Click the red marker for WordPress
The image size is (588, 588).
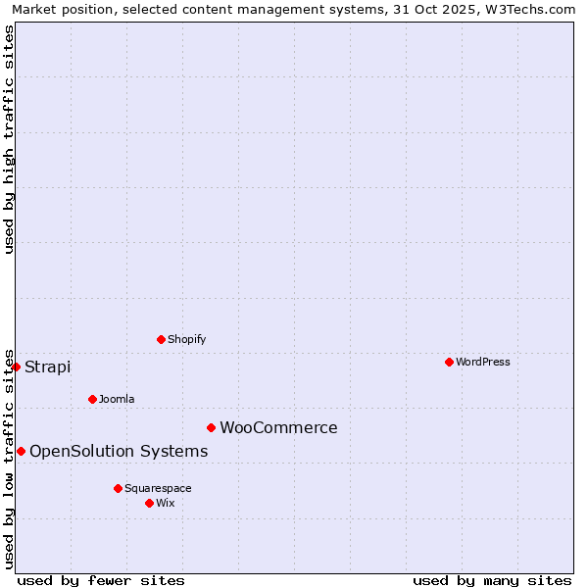tap(449, 362)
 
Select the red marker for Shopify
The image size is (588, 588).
tap(161, 339)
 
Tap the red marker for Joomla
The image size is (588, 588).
tap(92, 399)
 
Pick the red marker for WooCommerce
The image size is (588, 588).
tap(211, 427)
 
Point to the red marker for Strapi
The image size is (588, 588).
tap(16, 367)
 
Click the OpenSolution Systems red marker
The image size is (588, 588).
tap(21, 451)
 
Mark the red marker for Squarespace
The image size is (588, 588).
tap(118, 488)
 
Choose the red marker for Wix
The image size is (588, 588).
tap(149, 503)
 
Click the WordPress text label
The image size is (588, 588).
tap(483, 362)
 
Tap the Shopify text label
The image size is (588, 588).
tap(187, 339)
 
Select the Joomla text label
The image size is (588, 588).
tap(117, 399)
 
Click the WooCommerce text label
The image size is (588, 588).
tap(278, 428)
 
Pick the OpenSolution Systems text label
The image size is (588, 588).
tap(119, 452)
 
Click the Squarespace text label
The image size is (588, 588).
tap(158, 488)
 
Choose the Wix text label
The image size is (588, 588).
tap(166, 503)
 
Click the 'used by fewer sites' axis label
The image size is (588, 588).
tap(101, 580)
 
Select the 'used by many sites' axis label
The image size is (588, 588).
tap(492, 580)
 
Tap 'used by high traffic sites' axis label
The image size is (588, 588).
tap(9, 139)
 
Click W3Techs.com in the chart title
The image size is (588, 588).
tap(530, 9)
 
